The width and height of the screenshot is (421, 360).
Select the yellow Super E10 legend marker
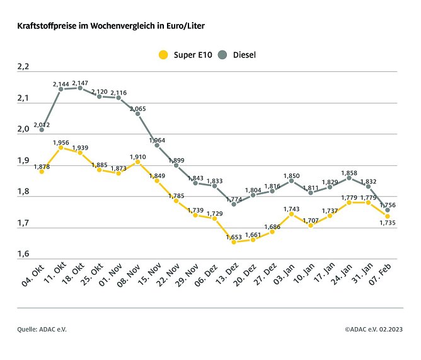click(163, 55)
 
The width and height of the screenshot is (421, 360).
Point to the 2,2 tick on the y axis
click(23, 67)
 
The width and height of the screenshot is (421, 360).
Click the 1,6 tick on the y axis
click(23, 254)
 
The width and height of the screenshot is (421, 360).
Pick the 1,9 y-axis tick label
click(23, 161)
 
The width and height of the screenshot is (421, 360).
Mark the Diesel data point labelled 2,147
click(80, 88)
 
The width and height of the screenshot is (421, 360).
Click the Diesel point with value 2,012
click(42, 129)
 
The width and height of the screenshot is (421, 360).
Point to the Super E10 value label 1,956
click(61, 142)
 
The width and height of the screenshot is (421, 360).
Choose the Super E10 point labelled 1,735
click(388, 216)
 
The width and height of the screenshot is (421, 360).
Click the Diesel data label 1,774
click(234, 198)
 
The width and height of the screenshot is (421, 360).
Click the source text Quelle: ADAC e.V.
click(42, 329)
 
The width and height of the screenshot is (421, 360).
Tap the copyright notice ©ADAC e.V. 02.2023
click(374, 329)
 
